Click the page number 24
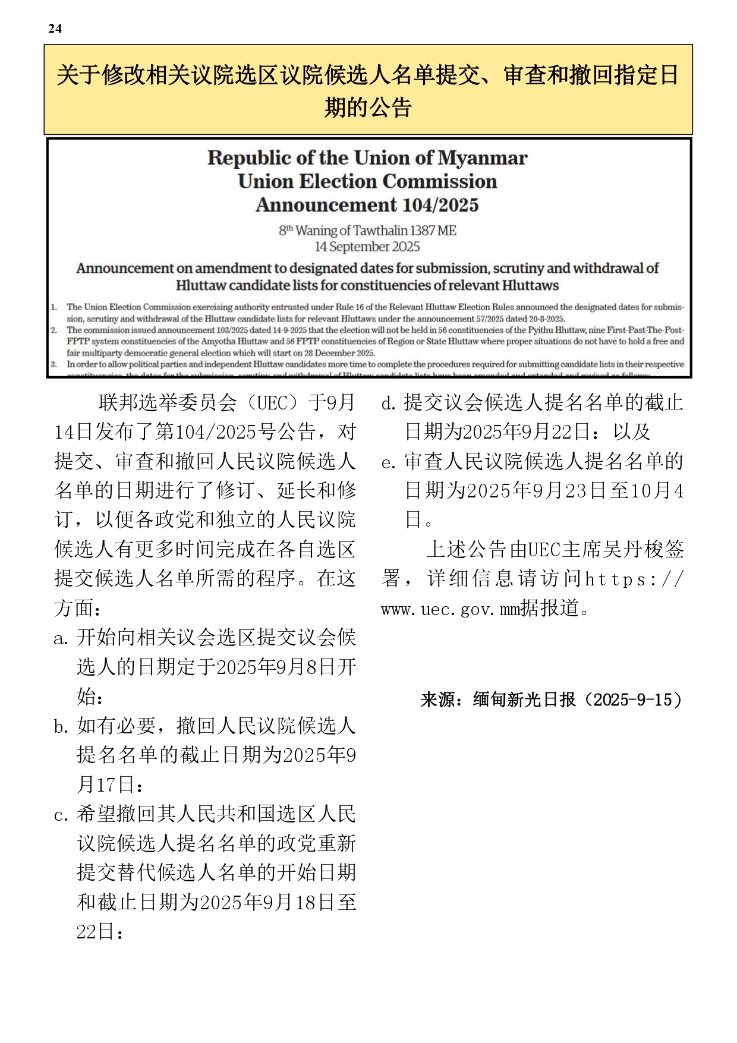tap(55, 29)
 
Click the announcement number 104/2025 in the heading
tap(440, 205)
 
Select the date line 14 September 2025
tap(367, 247)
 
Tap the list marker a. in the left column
tap(62, 638)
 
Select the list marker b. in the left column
tap(62, 726)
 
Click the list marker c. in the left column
tap(62, 815)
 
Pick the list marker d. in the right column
tap(389, 404)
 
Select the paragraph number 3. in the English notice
tap(53, 364)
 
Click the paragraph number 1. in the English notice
tap(53, 307)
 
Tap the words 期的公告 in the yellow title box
tap(368, 108)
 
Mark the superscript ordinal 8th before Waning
tap(286, 230)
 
